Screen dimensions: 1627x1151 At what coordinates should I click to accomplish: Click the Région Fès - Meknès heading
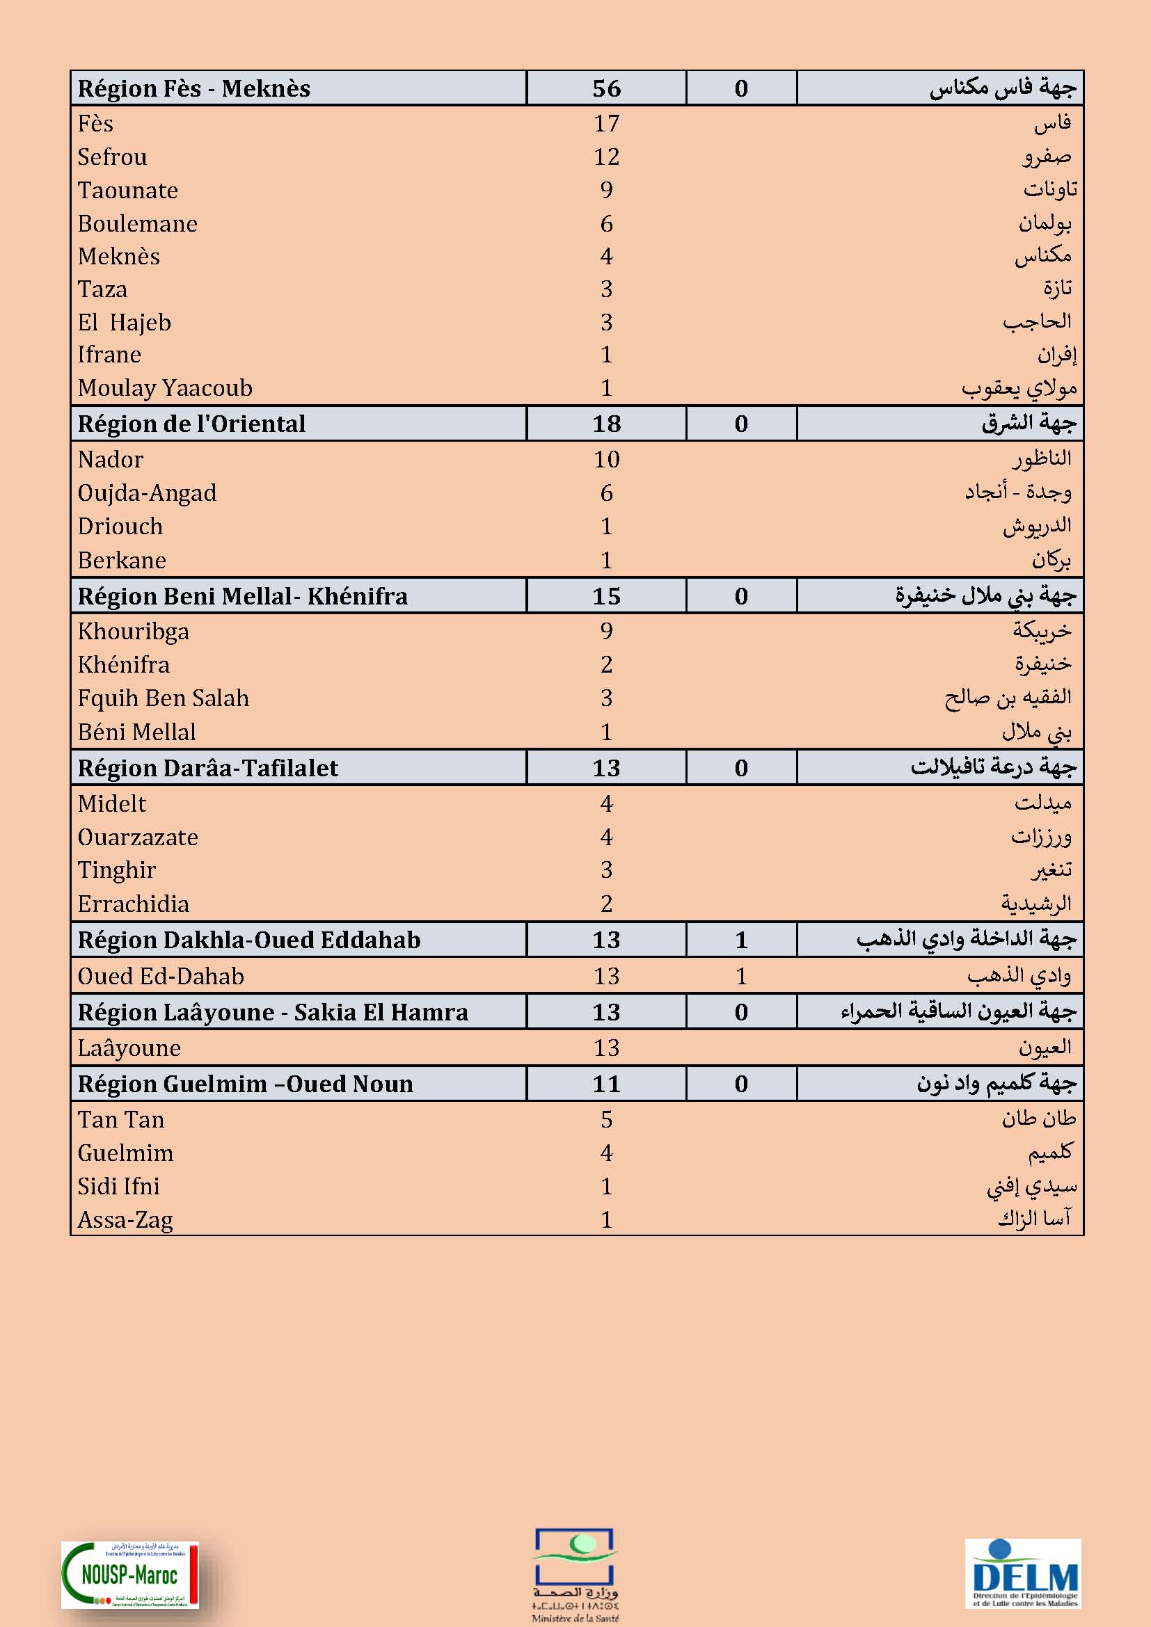(193, 88)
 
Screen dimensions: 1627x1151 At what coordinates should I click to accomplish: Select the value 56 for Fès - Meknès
(606, 88)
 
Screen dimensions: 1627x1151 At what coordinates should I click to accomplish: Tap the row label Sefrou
(112, 157)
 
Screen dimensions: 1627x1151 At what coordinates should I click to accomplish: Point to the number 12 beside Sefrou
(606, 157)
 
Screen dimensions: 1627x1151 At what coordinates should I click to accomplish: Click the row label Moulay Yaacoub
(164, 387)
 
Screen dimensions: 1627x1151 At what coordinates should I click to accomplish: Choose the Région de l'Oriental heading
(191, 424)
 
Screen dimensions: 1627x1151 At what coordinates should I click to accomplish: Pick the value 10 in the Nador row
(606, 459)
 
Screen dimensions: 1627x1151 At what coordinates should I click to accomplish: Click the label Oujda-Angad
(147, 492)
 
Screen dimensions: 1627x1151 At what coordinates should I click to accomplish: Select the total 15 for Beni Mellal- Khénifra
(606, 596)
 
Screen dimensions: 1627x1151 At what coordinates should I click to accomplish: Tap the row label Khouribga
(133, 631)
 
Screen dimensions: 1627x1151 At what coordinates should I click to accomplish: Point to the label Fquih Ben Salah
(163, 698)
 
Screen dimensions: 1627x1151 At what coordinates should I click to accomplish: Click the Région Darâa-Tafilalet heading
(207, 768)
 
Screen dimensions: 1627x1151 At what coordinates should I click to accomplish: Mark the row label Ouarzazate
(138, 837)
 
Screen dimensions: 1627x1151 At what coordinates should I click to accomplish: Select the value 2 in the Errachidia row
(606, 904)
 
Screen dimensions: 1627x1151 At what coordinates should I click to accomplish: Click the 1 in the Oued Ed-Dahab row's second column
(740, 976)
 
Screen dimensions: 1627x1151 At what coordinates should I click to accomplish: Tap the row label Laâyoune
(129, 1048)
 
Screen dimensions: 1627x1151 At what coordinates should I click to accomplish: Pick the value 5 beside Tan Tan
(606, 1120)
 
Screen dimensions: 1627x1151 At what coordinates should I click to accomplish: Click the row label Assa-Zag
(125, 1219)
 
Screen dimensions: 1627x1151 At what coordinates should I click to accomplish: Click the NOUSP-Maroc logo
(129, 1575)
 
